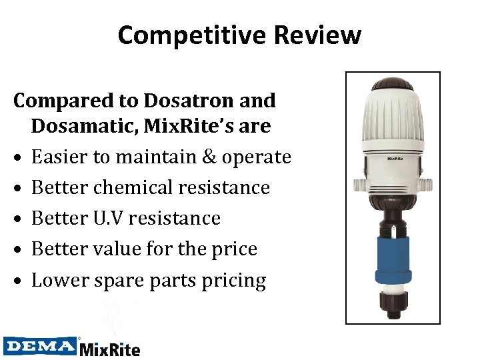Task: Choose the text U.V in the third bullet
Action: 108,218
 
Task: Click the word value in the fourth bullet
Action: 121,249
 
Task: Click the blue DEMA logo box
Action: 40,345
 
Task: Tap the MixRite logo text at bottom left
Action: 110,348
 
